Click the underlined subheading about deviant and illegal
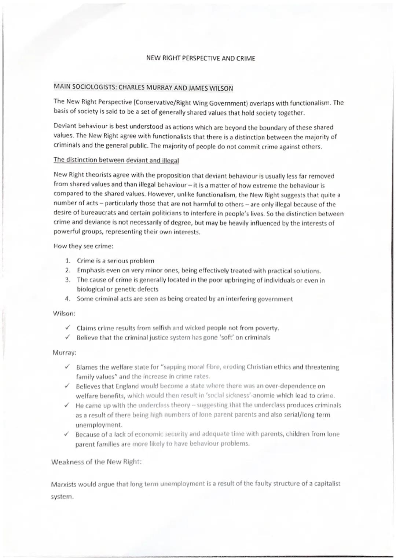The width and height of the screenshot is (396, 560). click(116, 160)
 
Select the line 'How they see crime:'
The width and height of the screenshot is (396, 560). click(83, 246)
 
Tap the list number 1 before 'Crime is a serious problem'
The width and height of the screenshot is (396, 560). click(67, 261)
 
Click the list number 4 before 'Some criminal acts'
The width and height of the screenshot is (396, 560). click(67, 299)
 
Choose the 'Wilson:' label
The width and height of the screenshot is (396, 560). click(64, 314)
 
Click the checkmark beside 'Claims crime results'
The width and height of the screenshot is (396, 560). click(67, 328)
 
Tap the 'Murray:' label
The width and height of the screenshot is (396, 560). click(65, 353)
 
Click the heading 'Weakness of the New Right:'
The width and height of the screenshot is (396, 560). click(96, 462)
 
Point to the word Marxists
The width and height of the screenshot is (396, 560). click(64, 484)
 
